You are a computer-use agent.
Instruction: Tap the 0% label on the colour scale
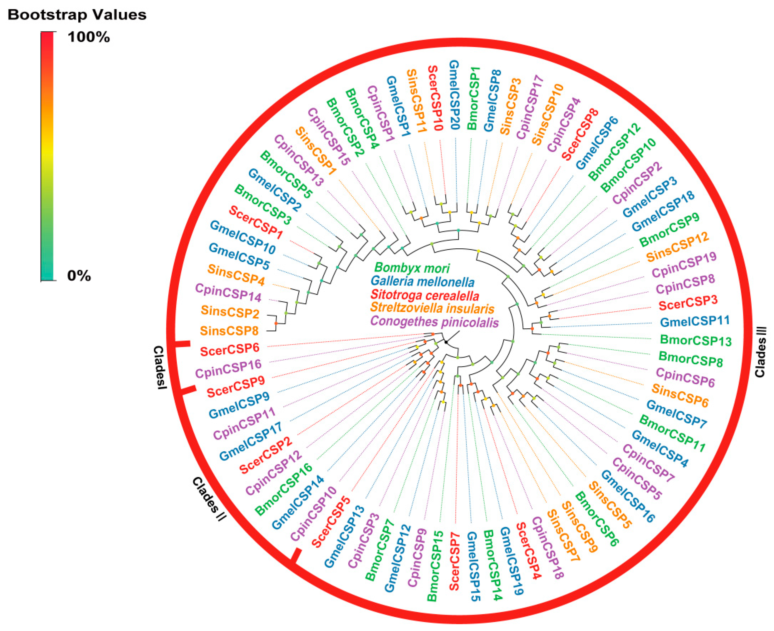pos(79,276)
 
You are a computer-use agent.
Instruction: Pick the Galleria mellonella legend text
pos(423,282)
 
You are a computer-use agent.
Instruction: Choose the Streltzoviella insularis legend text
pos(432,309)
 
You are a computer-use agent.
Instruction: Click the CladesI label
pos(159,367)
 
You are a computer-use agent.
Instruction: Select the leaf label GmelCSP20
pos(455,95)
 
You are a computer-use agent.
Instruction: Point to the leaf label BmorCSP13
pos(695,341)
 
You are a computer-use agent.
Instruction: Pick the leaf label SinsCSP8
pos(229,331)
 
